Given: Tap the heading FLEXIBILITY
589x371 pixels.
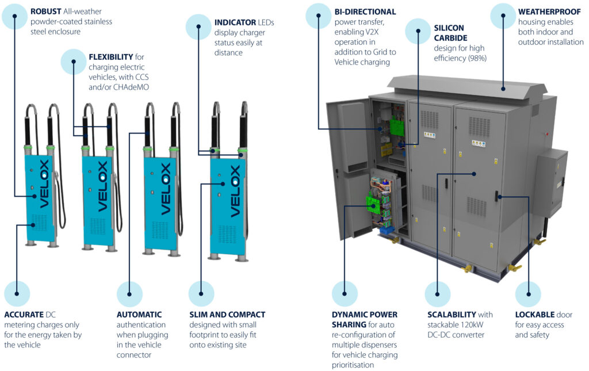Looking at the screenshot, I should coord(110,57).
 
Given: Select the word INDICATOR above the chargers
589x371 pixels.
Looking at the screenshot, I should coord(235,22).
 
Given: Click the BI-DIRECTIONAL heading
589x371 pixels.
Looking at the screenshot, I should coord(365,12).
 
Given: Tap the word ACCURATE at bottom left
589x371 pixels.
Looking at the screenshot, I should coord(24,315).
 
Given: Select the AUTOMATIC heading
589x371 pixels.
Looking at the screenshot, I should coord(139,315).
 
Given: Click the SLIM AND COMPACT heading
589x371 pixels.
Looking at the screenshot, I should coord(227,315).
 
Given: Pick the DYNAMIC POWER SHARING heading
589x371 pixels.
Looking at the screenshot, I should coord(364,320).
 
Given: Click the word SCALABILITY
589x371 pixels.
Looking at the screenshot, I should coord(452,315).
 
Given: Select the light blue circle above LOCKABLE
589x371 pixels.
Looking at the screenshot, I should coord(527,294).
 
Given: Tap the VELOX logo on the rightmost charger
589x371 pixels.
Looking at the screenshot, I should coord(235,191).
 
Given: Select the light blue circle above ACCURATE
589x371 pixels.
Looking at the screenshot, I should coord(17,294).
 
